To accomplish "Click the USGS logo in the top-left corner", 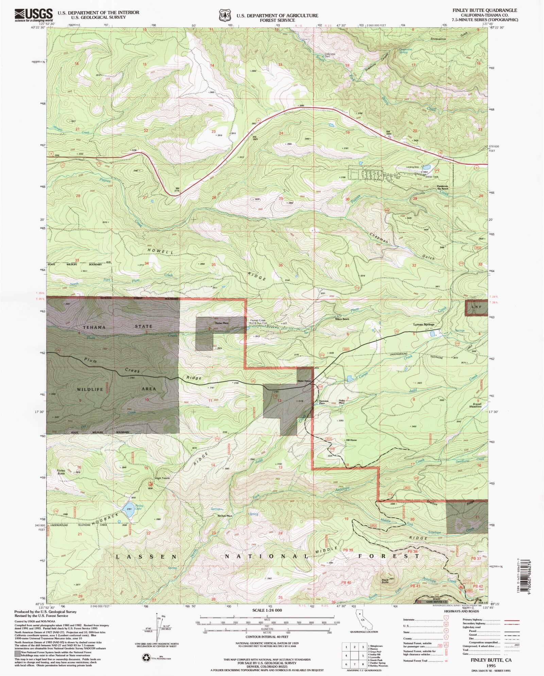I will coord(33,15).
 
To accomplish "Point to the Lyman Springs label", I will coord(424,324).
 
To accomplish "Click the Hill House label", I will coord(351,440).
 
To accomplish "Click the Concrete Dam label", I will coord(329,55).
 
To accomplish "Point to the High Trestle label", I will coord(162,478).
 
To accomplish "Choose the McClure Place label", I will coord(225,516).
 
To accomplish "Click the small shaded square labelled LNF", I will coord(476,308).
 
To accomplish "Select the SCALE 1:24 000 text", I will coord(267,610).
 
